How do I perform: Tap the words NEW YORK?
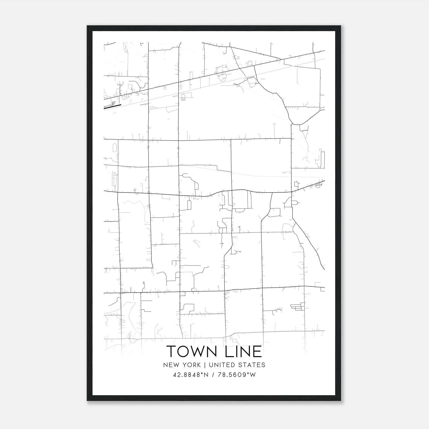182,365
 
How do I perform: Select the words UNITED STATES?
237,365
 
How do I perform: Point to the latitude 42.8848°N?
191,375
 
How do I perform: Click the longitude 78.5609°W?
236,375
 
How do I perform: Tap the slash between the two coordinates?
213,375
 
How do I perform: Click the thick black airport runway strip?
113,106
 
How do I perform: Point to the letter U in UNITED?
211,365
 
